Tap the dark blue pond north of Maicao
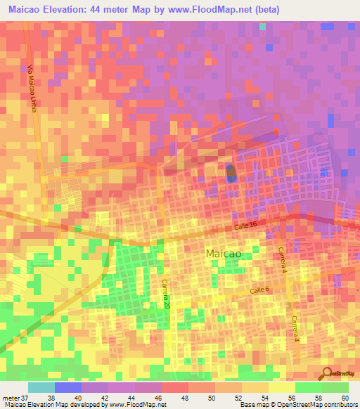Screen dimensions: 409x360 click(231, 174)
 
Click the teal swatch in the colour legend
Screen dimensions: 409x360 click(41, 387)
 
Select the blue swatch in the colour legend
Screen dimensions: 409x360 click(68, 387)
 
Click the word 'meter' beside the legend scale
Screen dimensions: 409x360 click(9, 398)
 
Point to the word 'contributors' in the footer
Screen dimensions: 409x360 click(337, 405)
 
